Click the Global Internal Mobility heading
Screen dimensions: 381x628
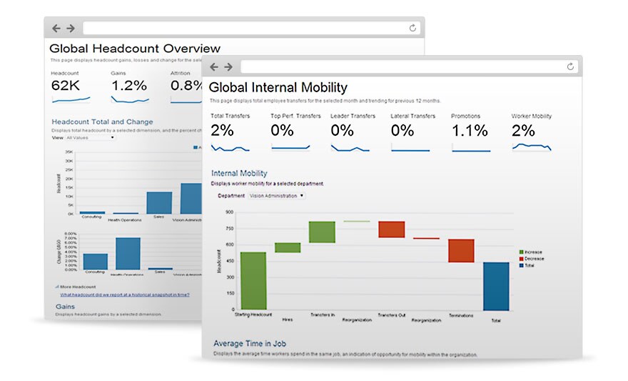pos(278,88)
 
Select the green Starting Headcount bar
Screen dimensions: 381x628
pos(253,281)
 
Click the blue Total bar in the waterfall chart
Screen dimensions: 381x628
pos(496,286)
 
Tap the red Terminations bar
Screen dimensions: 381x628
pos(461,251)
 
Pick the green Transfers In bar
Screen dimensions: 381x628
pos(322,232)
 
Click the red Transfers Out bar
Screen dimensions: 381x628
pos(391,229)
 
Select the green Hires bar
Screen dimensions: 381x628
pos(288,247)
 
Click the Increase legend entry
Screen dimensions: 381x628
pos(532,252)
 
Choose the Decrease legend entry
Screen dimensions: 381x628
pos(532,259)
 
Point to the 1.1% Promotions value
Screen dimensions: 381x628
pos(470,131)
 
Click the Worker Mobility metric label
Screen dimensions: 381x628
pos(531,116)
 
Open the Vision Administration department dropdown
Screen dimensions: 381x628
pos(277,195)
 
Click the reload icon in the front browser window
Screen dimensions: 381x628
pos(569,66)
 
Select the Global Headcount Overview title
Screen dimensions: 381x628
pos(134,49)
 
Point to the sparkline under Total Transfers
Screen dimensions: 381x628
pos(231,148)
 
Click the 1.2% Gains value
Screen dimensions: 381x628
pos(128,86)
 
